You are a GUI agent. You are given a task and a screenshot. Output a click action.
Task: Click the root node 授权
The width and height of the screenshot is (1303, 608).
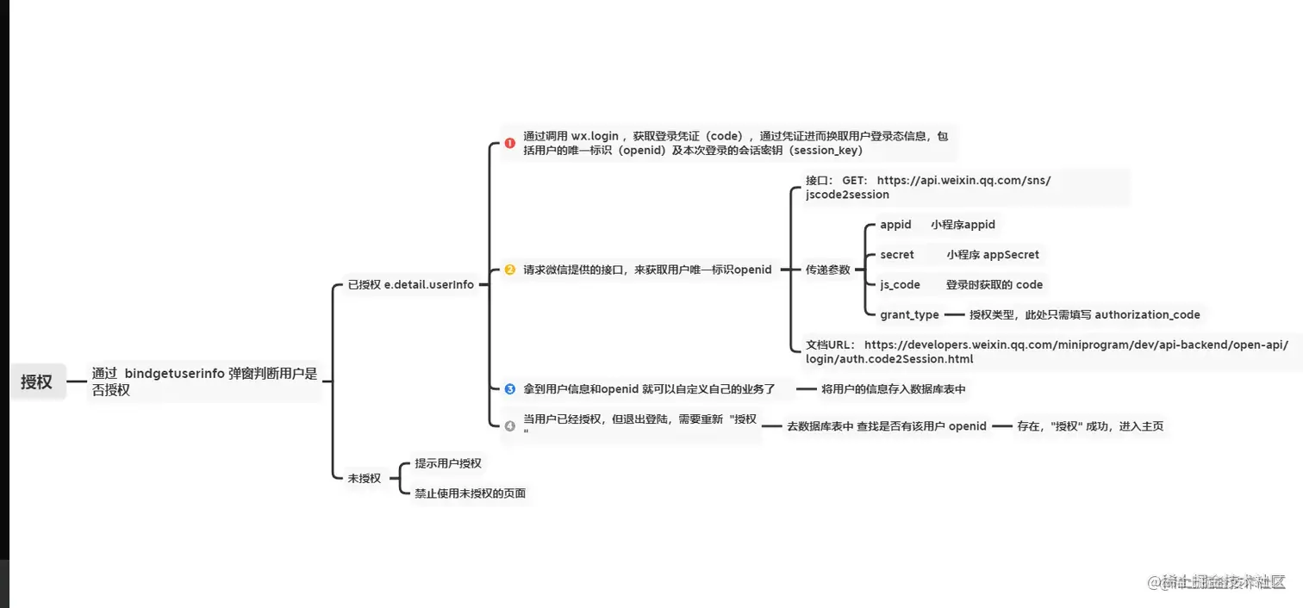37,382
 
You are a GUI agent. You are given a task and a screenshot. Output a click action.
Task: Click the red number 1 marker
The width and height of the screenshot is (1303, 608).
510,143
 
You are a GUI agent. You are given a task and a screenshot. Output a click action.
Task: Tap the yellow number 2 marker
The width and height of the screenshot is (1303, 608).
510,270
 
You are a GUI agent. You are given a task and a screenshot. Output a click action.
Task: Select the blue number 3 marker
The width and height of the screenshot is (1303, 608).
510,389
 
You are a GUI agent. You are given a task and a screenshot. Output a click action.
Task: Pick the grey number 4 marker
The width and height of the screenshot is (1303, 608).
510,425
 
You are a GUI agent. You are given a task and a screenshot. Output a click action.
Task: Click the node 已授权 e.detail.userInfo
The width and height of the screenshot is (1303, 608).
410,285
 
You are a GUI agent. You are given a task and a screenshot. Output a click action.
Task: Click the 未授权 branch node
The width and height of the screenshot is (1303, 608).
364,478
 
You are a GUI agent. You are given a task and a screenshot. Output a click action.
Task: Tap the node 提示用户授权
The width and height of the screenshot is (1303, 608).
448,463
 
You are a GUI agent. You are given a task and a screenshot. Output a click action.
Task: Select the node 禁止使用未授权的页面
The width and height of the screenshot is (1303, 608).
470,493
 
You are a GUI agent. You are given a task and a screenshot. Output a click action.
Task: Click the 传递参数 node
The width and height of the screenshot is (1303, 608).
827,270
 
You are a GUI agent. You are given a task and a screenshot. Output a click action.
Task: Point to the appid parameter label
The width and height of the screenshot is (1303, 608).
895,225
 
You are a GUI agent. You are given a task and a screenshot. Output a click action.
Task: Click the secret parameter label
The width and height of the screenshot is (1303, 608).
897,255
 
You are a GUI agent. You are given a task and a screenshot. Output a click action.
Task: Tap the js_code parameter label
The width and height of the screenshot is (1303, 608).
900,285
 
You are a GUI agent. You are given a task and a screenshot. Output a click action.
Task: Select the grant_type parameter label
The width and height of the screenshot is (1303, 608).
909,315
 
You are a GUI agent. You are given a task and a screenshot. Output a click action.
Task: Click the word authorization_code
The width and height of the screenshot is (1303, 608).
1147,315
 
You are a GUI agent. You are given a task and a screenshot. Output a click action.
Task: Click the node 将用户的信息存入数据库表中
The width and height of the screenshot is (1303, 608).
894,389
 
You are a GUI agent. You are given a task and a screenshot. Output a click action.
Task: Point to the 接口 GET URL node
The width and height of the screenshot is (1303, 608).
928,188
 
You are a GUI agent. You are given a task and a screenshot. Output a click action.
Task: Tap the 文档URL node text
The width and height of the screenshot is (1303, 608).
1046,351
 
